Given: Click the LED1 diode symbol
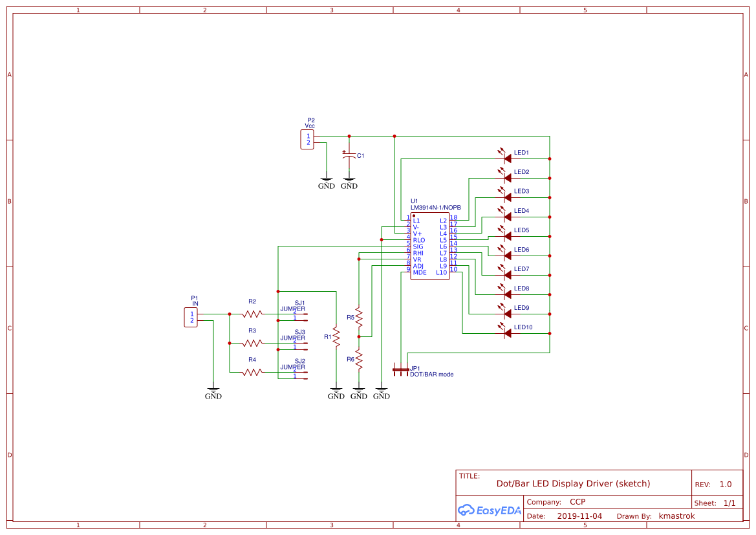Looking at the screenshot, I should click(506, 158).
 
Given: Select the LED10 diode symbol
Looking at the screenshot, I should click(506, 333).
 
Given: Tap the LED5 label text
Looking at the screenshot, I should click(521, 230).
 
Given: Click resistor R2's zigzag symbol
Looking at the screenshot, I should click(252, 314).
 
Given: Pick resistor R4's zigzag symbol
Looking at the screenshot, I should click(252, 372).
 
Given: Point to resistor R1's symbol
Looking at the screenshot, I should click(336, 337).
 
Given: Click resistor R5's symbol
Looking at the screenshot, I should click(359, 318).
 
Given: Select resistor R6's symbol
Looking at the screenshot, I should click(359, 360).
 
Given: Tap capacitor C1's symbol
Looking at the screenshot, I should click(349, 156).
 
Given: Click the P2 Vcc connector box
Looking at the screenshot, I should click(307, 139).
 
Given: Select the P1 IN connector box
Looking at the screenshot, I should click(191, 317).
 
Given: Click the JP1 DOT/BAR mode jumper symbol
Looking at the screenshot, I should click(401, 369).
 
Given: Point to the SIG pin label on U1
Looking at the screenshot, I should click(418, 246).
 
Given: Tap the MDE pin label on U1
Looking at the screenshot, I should click(419, 272).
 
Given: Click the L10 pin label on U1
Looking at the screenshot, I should click(441, 272).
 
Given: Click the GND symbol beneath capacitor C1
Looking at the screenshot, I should click(349, 183).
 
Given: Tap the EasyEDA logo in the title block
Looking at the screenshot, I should click(489, 510).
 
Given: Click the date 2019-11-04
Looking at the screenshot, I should click(579, 516).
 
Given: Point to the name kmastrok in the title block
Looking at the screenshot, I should click(676, 516).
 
